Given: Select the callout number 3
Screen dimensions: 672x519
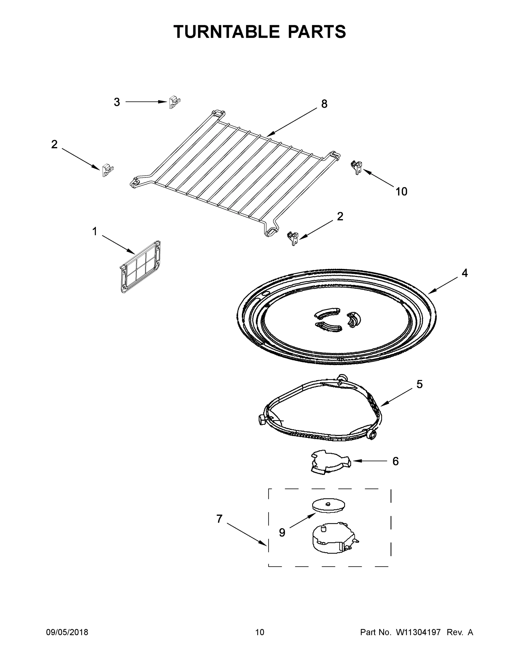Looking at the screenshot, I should (x=117, y=102).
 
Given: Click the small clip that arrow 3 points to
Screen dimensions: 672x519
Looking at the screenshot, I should (x=174, y=102).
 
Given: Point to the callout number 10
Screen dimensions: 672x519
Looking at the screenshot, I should (x=401, y=192).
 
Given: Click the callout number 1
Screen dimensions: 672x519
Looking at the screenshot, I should (x=95, y=231).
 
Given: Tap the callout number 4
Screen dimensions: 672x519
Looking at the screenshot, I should (x=464, y=273).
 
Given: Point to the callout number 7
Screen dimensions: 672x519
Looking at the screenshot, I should (x=219, y=519).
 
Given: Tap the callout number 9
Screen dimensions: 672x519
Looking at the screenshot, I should (x=282, y=532).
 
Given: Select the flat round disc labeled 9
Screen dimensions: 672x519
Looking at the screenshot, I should (x=328, y=505).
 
